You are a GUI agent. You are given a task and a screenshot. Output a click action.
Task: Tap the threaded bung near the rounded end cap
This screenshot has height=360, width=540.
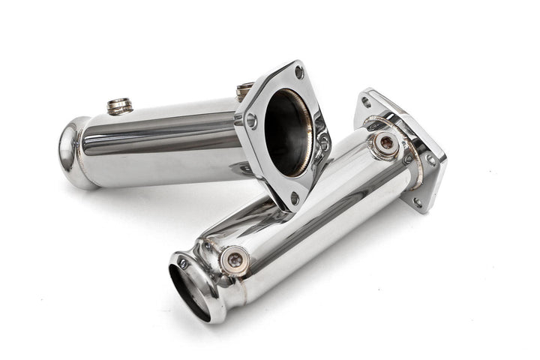(x=119, y=106)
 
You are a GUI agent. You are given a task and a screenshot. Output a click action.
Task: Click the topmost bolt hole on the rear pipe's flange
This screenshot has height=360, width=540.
(x=298, y=73)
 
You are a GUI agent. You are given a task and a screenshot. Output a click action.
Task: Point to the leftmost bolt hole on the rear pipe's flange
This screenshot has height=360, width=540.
(x=251, y=120)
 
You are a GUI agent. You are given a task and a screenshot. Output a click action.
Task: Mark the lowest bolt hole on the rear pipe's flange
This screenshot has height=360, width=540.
(x=295, y=198)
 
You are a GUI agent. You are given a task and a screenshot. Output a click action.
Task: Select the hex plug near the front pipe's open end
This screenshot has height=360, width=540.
(x=235, y=259)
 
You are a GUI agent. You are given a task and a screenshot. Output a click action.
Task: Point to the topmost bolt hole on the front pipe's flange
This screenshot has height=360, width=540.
(x=366, y=101)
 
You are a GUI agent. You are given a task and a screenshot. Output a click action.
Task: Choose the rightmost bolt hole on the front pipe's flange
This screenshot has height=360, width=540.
(x=431, y=159)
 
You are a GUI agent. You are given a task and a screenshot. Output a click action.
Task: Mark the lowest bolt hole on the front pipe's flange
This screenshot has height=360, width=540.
(x=417, y=201)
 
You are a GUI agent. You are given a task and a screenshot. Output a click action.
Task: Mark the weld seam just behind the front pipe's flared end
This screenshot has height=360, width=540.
(x=204, y=262)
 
